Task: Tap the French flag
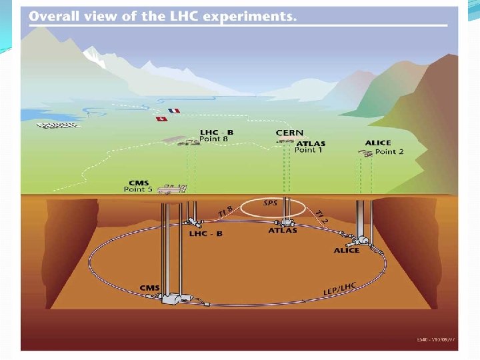174,111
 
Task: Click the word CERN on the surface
289,133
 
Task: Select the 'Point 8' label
215,139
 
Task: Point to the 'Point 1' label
308,150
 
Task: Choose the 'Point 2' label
389,151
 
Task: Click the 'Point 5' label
138,189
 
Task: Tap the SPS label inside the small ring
271,203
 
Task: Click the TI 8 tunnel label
225,213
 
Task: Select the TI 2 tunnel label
321,217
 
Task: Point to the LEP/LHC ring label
340,288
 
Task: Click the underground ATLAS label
283,231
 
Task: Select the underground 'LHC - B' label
207,234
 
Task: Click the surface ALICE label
378,143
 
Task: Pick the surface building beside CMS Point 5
171,189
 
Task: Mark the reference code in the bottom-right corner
436,340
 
